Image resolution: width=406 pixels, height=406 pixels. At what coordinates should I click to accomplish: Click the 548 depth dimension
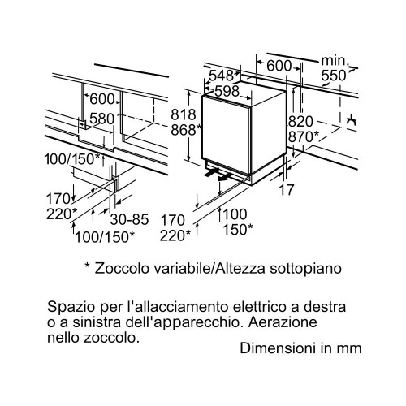point(221,76)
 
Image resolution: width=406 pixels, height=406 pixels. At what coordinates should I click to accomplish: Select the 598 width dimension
point(227,91)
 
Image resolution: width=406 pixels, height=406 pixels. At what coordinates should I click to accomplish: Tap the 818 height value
point(184,114)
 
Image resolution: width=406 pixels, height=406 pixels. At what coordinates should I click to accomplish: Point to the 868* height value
point(187,130)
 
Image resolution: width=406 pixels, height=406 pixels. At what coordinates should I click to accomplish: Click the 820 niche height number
point(300,122)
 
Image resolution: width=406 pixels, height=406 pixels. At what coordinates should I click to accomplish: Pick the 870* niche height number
point(304,136)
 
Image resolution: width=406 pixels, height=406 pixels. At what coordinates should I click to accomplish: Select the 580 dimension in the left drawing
point(102,119)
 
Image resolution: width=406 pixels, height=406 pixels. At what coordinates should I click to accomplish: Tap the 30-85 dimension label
point(129,219)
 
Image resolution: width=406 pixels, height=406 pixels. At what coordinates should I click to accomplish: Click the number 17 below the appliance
point(286,190)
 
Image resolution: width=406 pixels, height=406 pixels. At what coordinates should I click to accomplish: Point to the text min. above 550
point(335,61)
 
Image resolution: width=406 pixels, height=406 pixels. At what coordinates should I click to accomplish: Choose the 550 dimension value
point(334,76)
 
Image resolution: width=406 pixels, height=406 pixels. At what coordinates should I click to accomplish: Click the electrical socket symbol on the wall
point(352,119)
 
